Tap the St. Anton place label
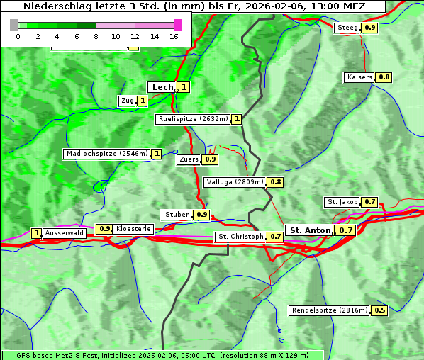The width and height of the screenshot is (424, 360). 310,230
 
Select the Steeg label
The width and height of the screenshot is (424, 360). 347,28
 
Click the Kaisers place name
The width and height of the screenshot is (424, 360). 359,77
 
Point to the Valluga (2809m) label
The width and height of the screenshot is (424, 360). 235,182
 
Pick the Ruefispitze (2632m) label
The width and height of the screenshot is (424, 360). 193,119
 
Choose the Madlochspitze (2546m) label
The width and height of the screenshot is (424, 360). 106,154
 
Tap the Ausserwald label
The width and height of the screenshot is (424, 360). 65,233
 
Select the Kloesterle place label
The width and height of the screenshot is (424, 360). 133,229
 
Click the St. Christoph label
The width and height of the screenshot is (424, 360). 240,237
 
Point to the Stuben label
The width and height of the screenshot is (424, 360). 177,215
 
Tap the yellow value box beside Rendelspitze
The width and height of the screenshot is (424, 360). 380,310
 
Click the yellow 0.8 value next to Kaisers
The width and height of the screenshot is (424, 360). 384,77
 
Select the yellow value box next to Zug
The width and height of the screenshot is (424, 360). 142,101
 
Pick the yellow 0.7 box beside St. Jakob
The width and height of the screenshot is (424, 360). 370,202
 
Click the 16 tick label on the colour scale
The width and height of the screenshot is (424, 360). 174,36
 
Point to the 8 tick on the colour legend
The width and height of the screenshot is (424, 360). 96,36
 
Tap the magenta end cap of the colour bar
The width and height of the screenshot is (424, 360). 177,25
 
